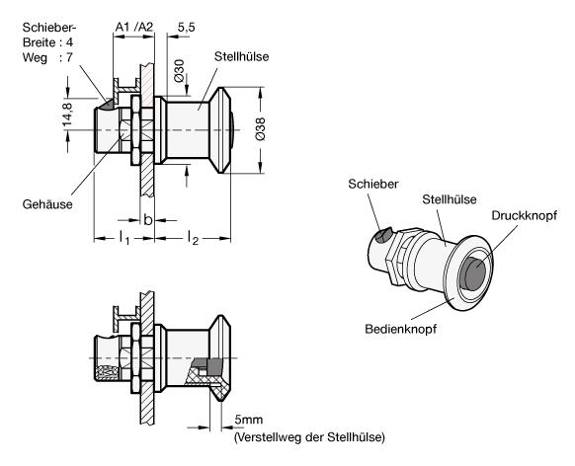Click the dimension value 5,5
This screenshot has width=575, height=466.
pyautogui.click(x=187, y=28)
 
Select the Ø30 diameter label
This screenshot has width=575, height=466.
pyautogui.click(x=179, y=70)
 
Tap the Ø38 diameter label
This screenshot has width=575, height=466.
pyautogui.click(x=260, y=129)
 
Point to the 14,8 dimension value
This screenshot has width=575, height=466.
pyautogui.click(x=67, y=115)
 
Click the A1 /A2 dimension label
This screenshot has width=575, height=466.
pyautogui.click(x=133, y=27)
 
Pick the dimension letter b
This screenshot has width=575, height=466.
pyautogui.click(x=148, y=220)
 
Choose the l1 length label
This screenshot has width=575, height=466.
pyautogui.click(x=124, y=237)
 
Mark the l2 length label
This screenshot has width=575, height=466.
pyautogui.click(x=193, y=237)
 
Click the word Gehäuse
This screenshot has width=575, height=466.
pyautogui.click(x=47, y=204)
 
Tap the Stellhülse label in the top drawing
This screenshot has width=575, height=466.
pyautogui.click(x=242, y=56)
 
